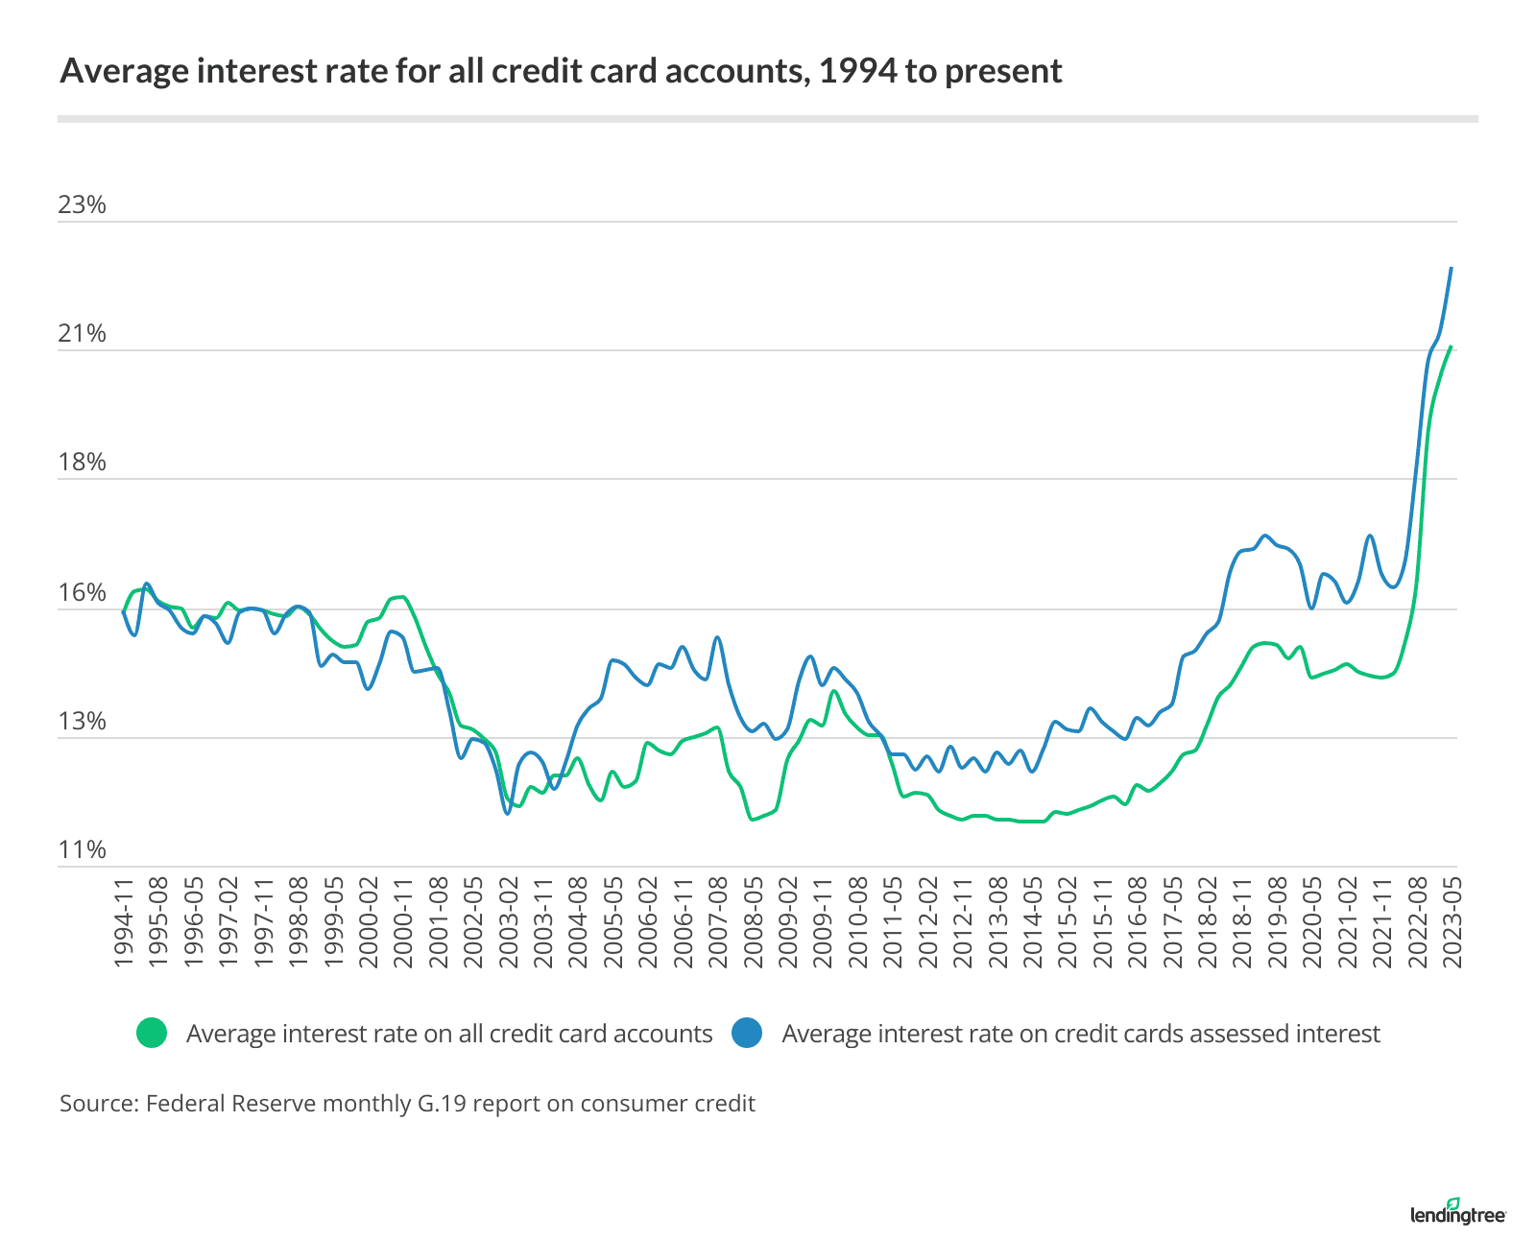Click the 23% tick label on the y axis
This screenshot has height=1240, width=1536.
(82, 205)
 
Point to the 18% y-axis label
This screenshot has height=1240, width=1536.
(82, 463)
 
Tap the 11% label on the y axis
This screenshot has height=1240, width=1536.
(82, 850)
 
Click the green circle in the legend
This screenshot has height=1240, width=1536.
(152, 1034)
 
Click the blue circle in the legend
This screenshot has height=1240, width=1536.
(747, 1034)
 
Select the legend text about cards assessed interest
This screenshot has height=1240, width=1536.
(1080, 1034)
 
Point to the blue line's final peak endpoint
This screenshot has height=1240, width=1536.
(1452, 268)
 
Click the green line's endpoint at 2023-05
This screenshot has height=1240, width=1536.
(1452, 346)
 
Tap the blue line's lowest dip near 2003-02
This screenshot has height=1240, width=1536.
(507, 814)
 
